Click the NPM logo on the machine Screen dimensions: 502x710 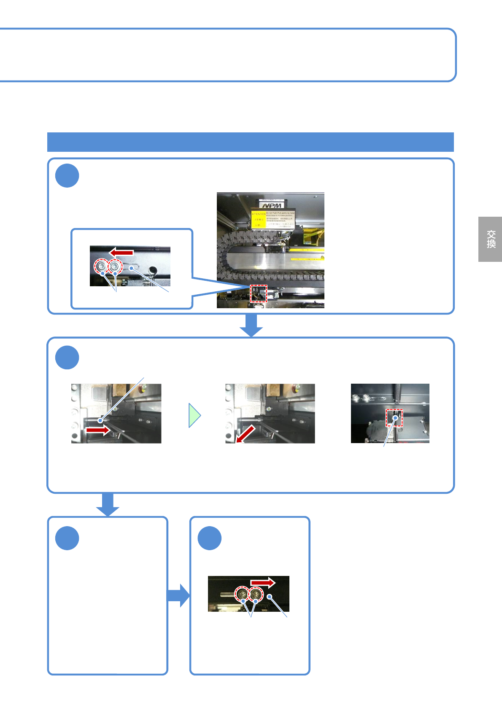(x=272, y=206)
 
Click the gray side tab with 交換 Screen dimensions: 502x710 (x=490, y=239)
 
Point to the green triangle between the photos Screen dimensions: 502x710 (x=194, y=416)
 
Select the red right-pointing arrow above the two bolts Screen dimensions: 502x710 (x=262, y=583)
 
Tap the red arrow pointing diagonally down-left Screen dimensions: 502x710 (x=246, y=434)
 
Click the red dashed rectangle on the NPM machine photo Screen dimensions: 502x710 (x=259, y=293)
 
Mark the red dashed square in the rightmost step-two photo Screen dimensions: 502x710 (x=394, y=417)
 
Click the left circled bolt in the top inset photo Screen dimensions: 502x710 (x=101, y=266)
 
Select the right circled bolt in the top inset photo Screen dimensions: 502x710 (x=115, y=266)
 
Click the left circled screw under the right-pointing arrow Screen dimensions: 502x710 (x=243, y=594)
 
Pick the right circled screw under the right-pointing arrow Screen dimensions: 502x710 (x=256, y=594)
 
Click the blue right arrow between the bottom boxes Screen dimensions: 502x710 (x=178, y=595)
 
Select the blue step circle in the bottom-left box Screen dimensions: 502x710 (x=67, y=538)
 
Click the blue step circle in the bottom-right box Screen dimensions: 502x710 (x=210, y=538)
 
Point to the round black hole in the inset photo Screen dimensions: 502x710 (x=153, y=270)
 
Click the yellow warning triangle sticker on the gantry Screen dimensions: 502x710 (x=322, y=256)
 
